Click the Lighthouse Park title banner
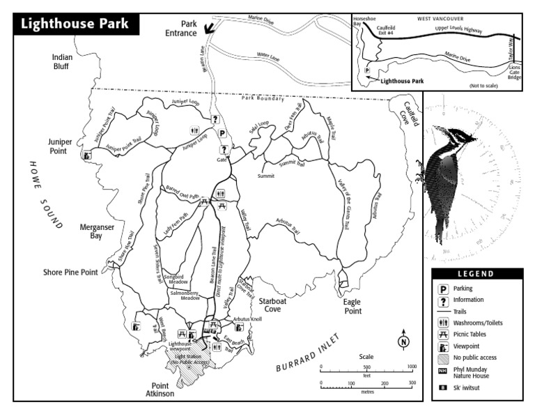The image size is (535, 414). point(75,23)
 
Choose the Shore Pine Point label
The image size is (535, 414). point(70,273)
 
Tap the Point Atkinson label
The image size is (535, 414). point(169,390)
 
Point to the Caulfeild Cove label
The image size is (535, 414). point(405,113)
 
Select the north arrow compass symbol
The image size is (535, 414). point(403,342)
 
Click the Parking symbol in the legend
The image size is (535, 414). point(442,288)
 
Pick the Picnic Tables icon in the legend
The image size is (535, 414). point(442,335)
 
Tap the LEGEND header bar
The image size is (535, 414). point(476,274)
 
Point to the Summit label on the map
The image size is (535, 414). point(265,176)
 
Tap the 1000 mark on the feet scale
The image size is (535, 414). point(411,367)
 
